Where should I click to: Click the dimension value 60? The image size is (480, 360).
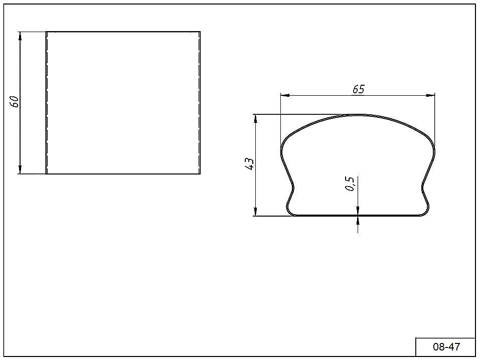(15, 101)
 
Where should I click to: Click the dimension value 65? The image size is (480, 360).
(359, 89)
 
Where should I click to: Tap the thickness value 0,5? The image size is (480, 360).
(350, 184)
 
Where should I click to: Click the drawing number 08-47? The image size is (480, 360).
(446, 346)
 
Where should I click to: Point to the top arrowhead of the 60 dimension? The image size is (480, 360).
(20, 36)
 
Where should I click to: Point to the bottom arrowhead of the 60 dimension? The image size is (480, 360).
(20, 170)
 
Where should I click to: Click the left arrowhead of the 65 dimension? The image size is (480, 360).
(285, 95)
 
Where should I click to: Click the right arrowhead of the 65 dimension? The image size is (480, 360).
(430, 95)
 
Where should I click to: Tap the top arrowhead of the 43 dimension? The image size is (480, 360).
(255, 118)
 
